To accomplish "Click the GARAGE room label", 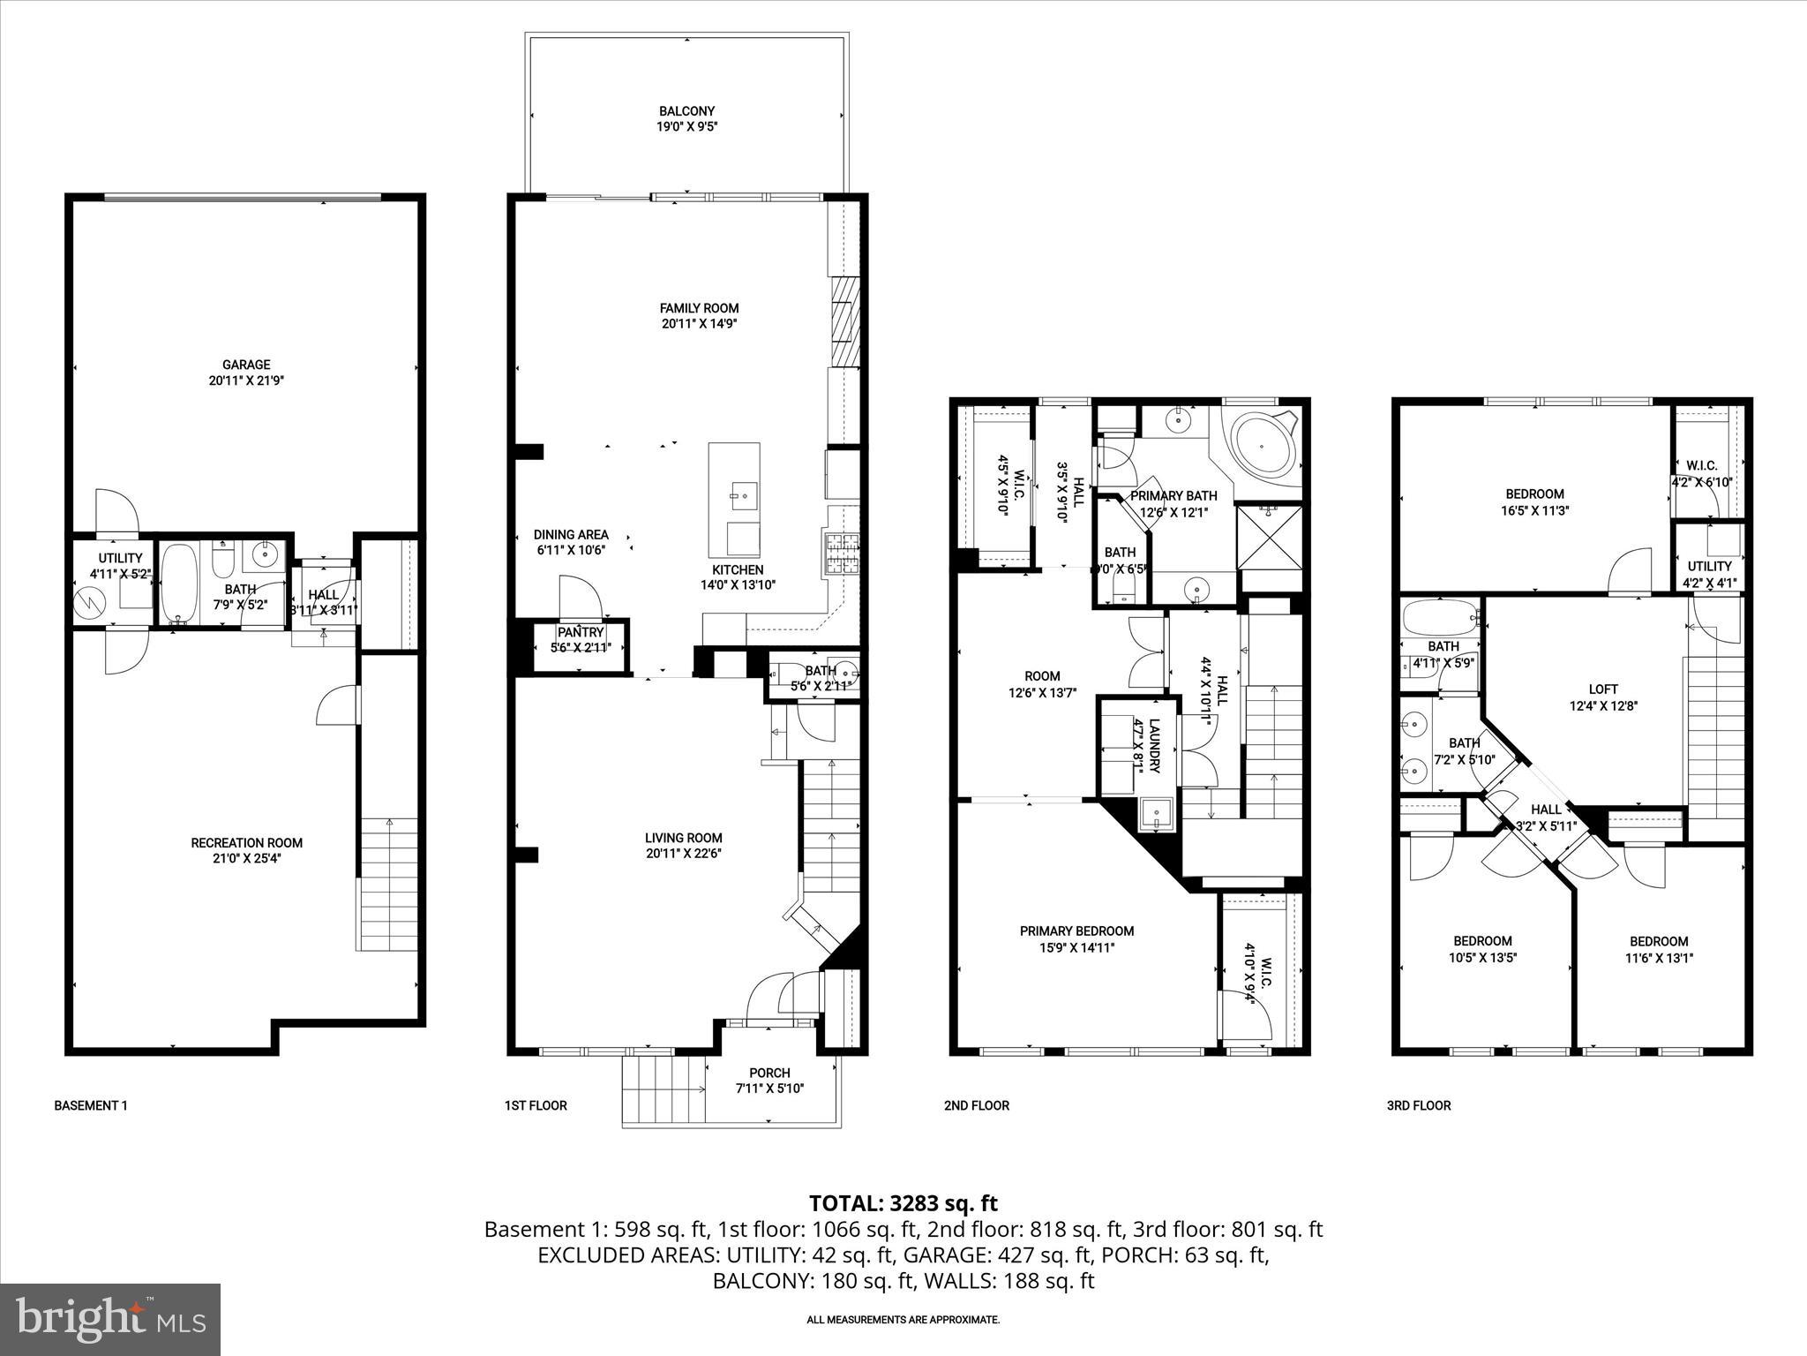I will [x=246, y=365].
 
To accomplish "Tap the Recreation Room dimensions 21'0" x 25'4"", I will [x=246, y=858].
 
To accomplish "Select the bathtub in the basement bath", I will [x=181, y=583].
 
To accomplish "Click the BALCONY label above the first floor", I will [x=686, y=111].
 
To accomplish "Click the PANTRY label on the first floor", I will [x=581, y=632].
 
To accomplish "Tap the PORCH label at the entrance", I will [x=769, y=1073].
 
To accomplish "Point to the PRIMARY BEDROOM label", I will [x=1076, y=930].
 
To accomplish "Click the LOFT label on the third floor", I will [x=1603, y=689].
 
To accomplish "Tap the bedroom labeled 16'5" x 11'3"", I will [x=1534, y=501].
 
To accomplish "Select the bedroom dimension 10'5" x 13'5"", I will [x=1483, y=957].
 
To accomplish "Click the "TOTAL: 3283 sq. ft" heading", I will [x=903, y=1202].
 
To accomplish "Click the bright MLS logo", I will [x=110, y=1318].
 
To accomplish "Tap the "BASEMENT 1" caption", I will [x=91, y=1105].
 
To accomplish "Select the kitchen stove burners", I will [x=841, y=554].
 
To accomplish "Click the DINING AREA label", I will [x=571, y=534].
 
